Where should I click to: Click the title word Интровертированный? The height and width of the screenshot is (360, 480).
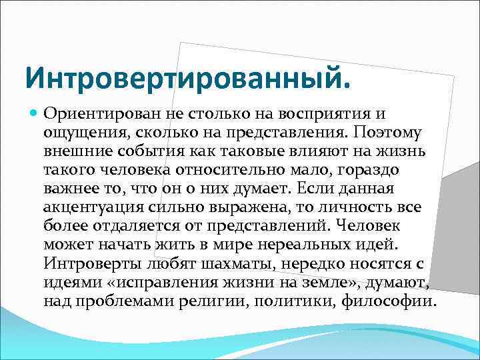[186, 78]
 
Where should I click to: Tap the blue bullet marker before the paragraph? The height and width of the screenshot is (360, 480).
[34, 114]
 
